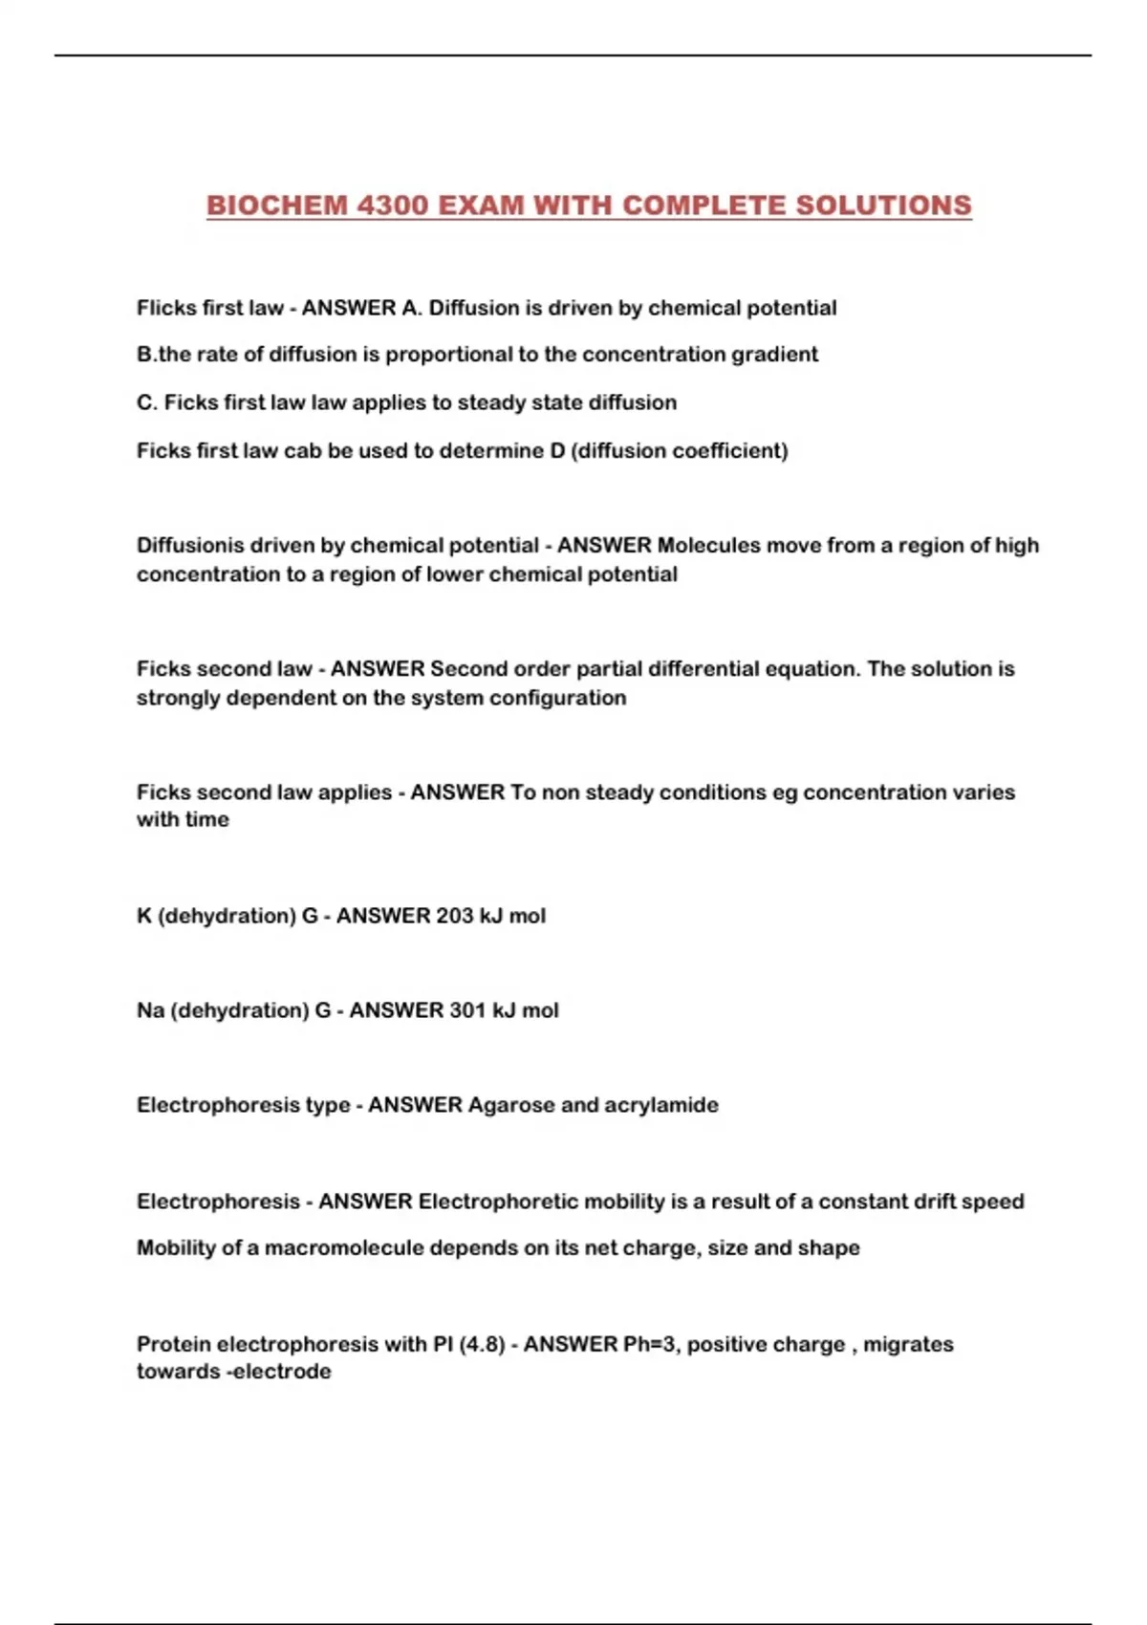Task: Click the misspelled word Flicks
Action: point(163,308)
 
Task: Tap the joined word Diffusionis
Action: point(190,546)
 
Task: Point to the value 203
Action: point(454,916)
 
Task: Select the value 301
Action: point(467,1010)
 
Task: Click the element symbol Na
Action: point(150,1010)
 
